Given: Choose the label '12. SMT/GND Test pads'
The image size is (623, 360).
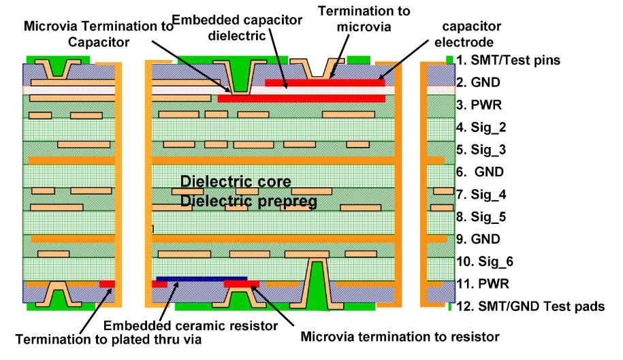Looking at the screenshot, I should (530, 306).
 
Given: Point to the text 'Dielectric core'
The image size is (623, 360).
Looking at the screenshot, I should (236, 182).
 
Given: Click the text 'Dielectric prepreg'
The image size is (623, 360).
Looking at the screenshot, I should (246, 202).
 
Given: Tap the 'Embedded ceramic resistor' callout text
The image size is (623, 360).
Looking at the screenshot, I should (191, 325).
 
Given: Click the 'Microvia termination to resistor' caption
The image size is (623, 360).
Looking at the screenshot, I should (400, 336).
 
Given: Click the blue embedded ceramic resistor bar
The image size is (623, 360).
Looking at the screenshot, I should (202, 278).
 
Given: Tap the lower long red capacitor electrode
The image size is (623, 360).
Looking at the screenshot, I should (301, 99).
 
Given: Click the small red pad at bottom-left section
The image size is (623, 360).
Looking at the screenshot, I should (107, 283).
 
